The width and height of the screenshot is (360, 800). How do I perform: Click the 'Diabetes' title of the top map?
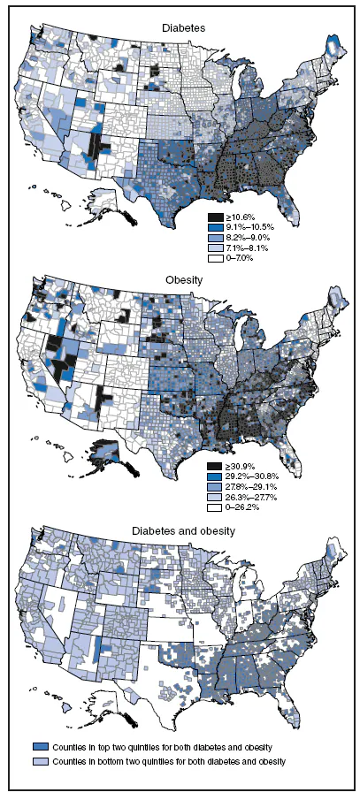pyautogui.click(x=184, y=28)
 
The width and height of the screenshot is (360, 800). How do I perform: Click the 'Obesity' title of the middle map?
pyautogui.click(x=184, y=279)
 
